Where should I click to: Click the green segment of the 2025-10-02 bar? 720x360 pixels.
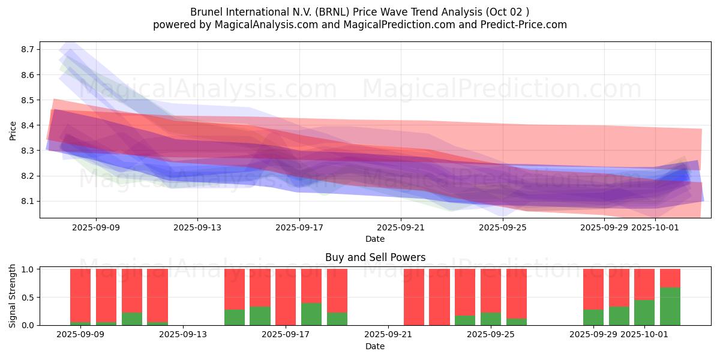pos(670,307)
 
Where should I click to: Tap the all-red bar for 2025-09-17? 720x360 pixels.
pos(286,297)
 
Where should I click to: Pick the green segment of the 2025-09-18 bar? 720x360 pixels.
pos(311,314)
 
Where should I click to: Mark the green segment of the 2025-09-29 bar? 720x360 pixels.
pos(593,317)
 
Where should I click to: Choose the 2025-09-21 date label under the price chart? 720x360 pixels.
pos(401,228)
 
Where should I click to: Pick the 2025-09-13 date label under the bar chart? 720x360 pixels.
pos(183,335)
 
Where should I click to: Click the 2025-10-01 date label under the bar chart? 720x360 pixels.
pos(644,335)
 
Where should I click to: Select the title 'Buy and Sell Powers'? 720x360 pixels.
pos(375,257)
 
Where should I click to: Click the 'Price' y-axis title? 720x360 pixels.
pos(13,130)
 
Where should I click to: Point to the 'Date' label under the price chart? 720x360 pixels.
pos(375,239)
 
